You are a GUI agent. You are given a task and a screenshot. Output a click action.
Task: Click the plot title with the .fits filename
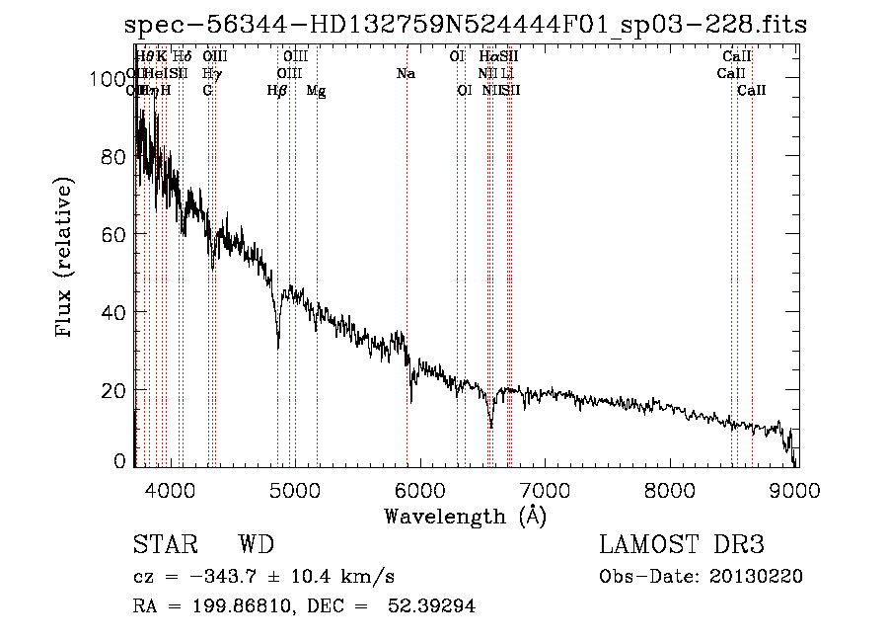coord(466,25)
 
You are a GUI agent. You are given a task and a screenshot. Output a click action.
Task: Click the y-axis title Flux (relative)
coord(65,258)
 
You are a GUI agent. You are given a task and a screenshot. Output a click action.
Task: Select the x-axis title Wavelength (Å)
coord(465,516)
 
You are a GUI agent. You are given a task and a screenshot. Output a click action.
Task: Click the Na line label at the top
coord(406,73)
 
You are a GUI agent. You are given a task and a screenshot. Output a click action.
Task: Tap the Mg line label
coord(316,91)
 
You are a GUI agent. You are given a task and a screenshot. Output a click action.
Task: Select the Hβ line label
coord(277,91)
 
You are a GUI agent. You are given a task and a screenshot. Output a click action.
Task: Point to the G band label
coord(207,91)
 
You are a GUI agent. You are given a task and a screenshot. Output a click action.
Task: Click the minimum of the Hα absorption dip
coord(490,428)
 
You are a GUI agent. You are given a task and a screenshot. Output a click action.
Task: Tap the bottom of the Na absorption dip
coord(410,401)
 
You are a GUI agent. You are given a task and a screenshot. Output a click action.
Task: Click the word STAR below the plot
coord(164,545)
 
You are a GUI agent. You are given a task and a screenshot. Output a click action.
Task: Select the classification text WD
coord(256,545)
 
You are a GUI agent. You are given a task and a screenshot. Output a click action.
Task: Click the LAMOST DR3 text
coord(682,545)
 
